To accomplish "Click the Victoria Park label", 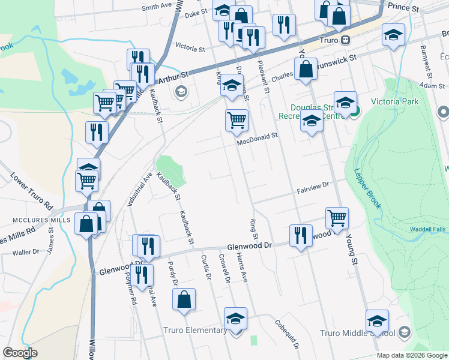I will (x=394, y=101).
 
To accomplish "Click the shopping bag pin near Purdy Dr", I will (x=184, y=299).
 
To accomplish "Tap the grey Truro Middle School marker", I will (x=404, y=332).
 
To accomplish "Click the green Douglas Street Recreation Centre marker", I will (x=355, y=111).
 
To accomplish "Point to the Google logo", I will (x=20, y=352).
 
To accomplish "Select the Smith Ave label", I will (x=157, y=7).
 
